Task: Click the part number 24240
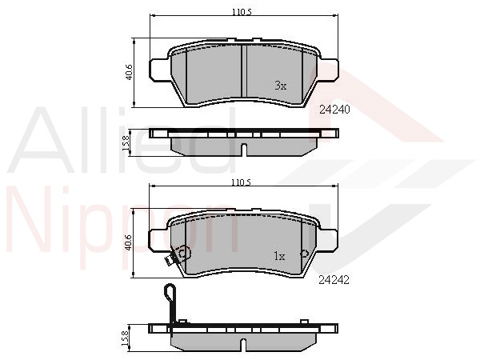click(x=334, y=110)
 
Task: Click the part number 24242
click(x=334, y=280)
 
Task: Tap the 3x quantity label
click(x=281, y=86)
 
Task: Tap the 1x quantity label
click(x=279, y=256)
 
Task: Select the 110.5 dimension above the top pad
click(x=242, y=12)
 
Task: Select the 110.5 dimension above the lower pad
click(x=242, y=182)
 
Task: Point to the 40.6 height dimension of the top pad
click(x=130, y=72)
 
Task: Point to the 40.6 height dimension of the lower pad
click(x=129, y=242)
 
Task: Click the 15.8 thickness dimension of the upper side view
click(x=126, y=143)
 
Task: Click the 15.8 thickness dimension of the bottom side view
click(x=126, y=338)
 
